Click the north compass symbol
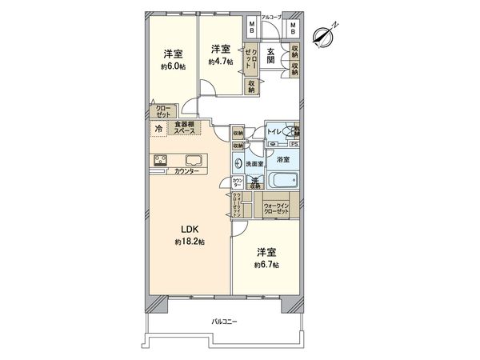(324, 34)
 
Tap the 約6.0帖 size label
(174, 66)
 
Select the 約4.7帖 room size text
(219, 62)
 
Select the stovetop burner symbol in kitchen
(159, 158)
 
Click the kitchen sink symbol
(194, 158)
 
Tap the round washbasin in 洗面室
(238, 164)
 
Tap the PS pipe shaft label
(294, 145)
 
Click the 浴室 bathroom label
(282, 160)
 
